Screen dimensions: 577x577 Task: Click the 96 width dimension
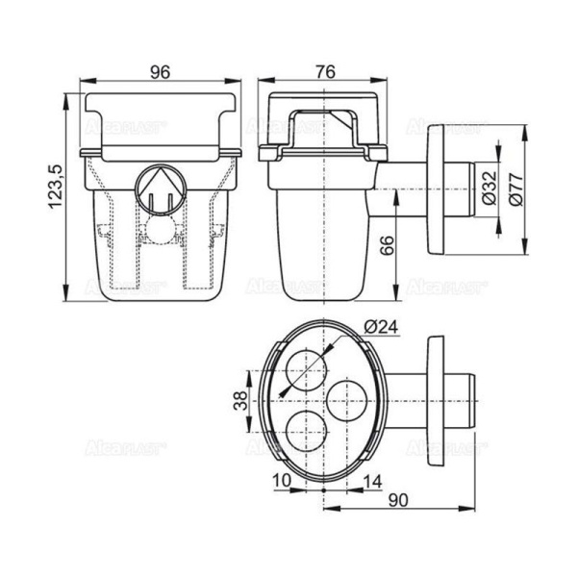pos(160,70)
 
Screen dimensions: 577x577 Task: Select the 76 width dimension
pos(325,70)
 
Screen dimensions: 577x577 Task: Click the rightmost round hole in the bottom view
pos(346,397)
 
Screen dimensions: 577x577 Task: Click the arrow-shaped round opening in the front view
pos(159,189)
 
